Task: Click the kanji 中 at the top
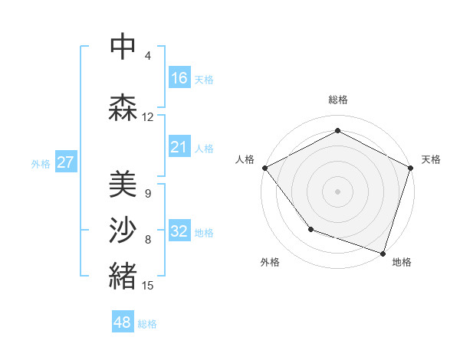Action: (x=123, y=47)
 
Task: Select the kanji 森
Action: (x=123, y=108)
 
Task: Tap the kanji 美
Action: (x=123, y=184)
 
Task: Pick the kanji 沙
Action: (x=123, y=231)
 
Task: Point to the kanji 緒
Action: (x=123, y=277)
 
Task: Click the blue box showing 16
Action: (x=179, y=77)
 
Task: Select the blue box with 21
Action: (x=179, y=146)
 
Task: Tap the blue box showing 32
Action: (x=179, y=231)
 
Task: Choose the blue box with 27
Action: (x=65, y=162)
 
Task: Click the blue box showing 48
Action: (x=123, y=322)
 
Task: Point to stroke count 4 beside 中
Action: (x=148, y=56)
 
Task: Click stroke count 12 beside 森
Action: (x=148, y=117)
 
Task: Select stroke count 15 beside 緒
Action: (x=148, y=286)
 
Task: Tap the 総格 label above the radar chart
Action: (x=338, y=100)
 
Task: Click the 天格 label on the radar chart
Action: (x=431, y=159)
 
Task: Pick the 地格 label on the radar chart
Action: (x=402, y=262)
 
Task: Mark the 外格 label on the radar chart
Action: (x=270, y=262)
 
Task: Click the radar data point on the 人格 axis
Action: (x=264, y=168)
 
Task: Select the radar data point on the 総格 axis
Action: (x=338, y=131)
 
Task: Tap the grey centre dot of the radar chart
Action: (x=338, y=191)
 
